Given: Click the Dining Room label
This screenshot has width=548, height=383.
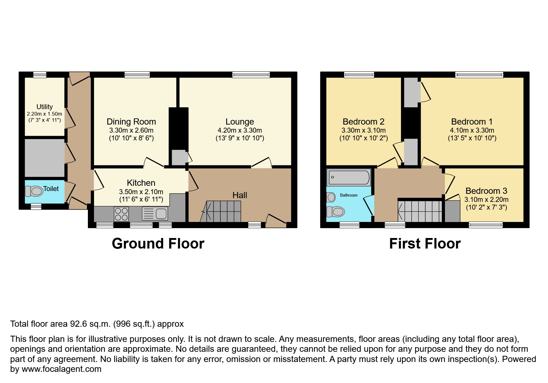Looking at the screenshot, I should [x=131, y=121].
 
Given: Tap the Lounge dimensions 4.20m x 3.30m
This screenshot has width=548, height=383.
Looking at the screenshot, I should [x=239, y=130].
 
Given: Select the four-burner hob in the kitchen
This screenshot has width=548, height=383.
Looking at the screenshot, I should [x=121, y=214].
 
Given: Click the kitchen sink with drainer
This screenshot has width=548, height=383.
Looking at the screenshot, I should [x=155, y=214].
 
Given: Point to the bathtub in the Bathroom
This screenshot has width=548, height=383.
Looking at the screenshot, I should [x=349, y=178].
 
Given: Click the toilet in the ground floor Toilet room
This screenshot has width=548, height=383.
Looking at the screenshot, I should [x=34, y=191].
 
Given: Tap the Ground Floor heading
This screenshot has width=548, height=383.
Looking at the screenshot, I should [x=158, y=244].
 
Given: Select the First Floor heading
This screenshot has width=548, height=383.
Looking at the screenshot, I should [x=425, y=244].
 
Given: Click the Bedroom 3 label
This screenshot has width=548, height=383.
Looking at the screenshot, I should [x=486, y=191].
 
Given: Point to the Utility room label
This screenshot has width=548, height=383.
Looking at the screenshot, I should [x=45, y=107].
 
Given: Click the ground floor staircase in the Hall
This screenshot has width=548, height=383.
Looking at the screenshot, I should [x=223, y=211].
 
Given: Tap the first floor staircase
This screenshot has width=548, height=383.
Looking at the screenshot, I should [x=420, y=211].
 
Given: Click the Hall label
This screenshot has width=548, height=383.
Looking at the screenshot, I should [x=239, y=195].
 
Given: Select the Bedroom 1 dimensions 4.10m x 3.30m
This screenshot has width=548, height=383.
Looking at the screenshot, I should [x=472, y=130].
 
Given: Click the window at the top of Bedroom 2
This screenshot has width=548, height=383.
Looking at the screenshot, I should [x=359, y=74].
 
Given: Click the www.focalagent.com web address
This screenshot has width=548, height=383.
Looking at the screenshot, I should [x=61, y=369].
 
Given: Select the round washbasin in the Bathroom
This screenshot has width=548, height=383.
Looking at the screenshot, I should [x=331, y=197].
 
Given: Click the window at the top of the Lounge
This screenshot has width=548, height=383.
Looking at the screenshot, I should [x=251, y=74].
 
